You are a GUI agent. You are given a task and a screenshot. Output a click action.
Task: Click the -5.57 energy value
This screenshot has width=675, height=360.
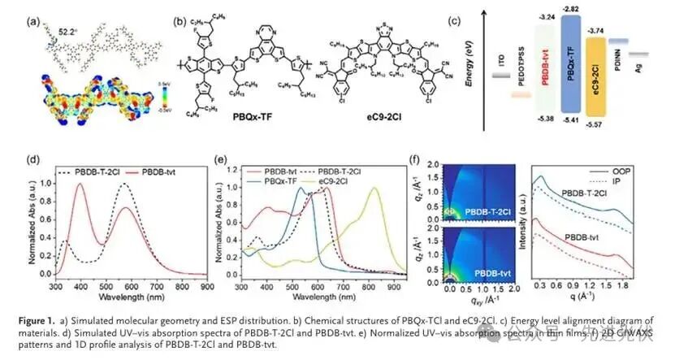click(620, 135)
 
